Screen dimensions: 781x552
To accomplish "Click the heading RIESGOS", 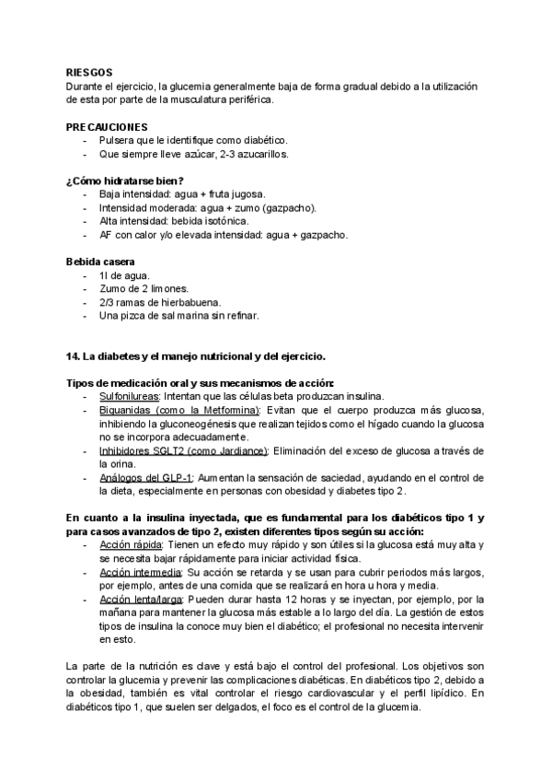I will [x=89, y=71].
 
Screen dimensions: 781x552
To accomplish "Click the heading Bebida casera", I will [x=101, y=261].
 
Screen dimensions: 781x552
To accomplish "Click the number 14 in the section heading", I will [x=73, y=356].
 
